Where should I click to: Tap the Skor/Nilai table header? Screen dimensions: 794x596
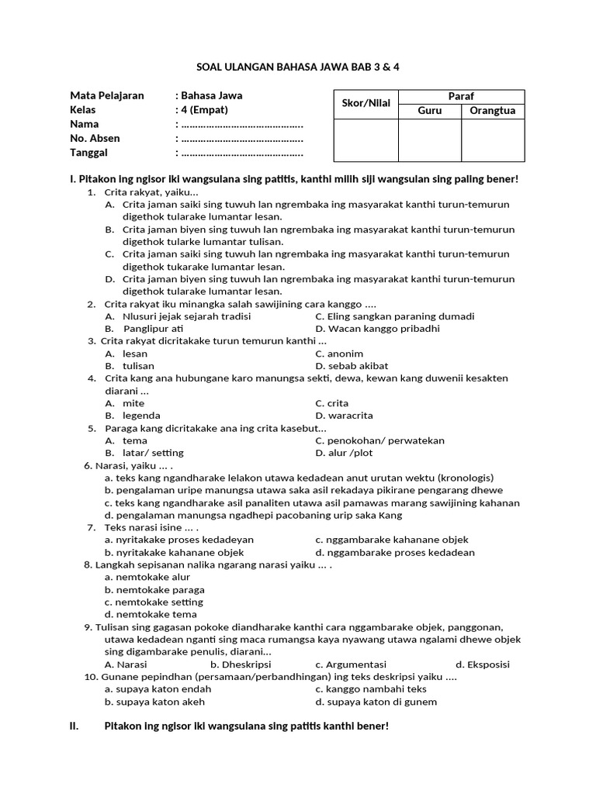(366, 103)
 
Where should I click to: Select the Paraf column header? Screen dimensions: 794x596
(461, 96)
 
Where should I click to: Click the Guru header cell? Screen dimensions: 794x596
(429, 111)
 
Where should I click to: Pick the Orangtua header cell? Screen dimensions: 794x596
(493, 111)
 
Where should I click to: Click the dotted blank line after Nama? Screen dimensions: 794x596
(241, 124)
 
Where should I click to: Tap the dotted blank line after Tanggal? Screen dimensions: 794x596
(241, 152)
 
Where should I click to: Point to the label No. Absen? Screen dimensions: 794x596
(95, 138)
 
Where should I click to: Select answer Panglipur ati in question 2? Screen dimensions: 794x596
(152, 329)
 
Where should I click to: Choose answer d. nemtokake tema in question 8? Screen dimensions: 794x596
(147, 614)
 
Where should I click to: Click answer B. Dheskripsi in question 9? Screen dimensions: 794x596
(241, 665)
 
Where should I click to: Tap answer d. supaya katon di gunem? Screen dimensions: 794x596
(376, 702)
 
